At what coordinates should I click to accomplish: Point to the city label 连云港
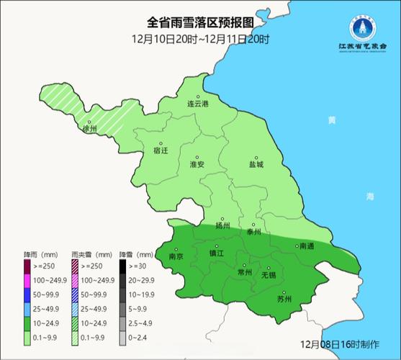(x=197, y=104)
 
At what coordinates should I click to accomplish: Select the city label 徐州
(x=89, y=130)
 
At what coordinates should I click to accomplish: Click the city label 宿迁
(x=161, y=151)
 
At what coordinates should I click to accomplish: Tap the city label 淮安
(x=197, y=165)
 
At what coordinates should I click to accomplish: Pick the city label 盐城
(x=256, y=164)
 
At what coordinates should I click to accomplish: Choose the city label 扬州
(x=222, y=225)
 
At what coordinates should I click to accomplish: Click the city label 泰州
(x=253, y=231)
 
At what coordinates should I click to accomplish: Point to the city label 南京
(x=176, y=256)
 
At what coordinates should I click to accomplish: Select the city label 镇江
(x=216, y=253)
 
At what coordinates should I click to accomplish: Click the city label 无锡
(x=269, y=275)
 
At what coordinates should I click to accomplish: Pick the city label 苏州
(x=284, y=300)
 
